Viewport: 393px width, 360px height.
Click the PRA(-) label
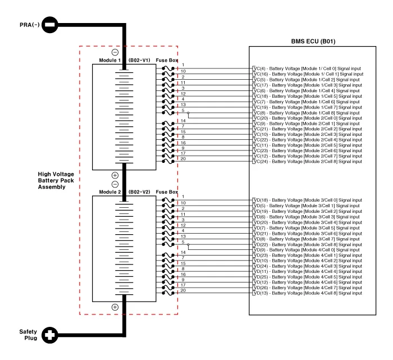(x=29, y=25)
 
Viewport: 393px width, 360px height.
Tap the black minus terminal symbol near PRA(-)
(x=49, y=25)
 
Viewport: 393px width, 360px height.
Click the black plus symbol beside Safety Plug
(x=50, y=335)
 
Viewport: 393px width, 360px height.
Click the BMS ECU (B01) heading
(x=313, y=42)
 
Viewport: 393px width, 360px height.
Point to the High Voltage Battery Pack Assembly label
(x=57, y=181)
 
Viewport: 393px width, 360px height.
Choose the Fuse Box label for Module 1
(x=167, y=60)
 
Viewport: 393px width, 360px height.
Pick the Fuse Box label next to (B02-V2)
(x=167, y=192)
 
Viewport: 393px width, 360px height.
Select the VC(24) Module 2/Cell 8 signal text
(x=307, y=161)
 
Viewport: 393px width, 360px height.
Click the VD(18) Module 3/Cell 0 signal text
(x=307, y=200)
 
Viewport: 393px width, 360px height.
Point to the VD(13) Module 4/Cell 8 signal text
(x=307, y=293)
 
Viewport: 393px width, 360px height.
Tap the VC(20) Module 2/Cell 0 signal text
(x=307, y=118)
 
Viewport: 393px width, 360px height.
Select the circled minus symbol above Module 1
(x=115, y=52)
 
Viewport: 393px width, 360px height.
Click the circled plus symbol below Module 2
(x=115, y=307)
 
